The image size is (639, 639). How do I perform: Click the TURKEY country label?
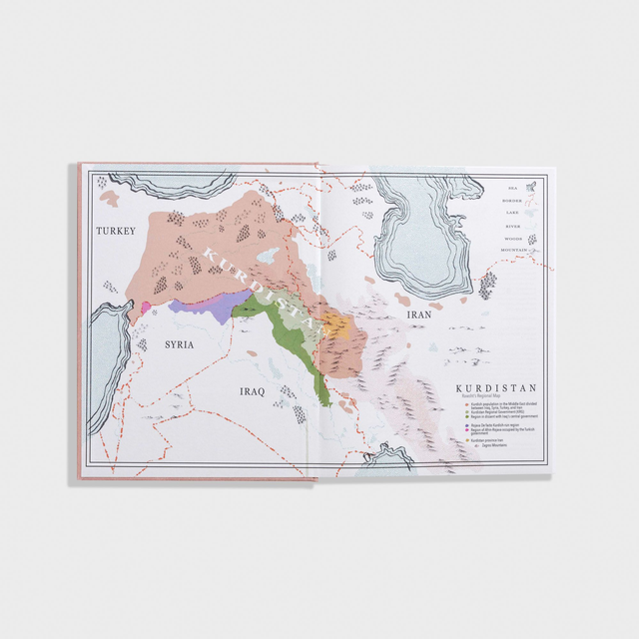(115, 231)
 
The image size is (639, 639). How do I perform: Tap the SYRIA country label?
(179, 345)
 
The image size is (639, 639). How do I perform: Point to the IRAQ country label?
(251, 391)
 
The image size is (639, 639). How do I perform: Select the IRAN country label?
(417, 315)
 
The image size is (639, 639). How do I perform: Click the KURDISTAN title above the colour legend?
(496, 388)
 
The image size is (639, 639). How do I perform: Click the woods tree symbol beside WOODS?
(531, 240)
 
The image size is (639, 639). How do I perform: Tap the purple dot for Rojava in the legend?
(468, 424)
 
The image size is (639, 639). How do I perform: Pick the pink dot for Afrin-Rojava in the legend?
(468, 429)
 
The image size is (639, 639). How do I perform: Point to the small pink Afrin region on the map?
(146, 308)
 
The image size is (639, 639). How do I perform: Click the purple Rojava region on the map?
(207, 305)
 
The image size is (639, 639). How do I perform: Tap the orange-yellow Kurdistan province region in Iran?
(336, 324)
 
